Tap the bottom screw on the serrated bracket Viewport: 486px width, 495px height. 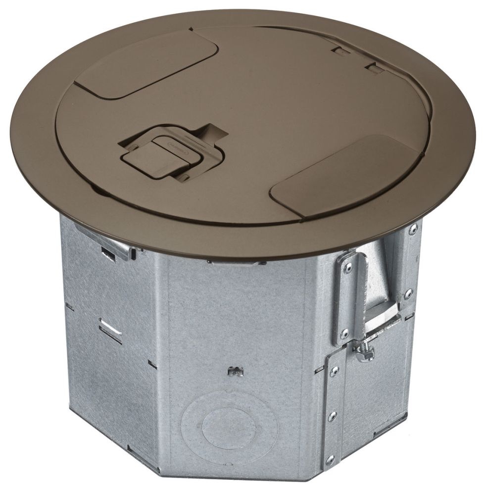click(x=344, y=333)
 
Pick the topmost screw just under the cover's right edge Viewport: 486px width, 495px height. click(x=412, y=229)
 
